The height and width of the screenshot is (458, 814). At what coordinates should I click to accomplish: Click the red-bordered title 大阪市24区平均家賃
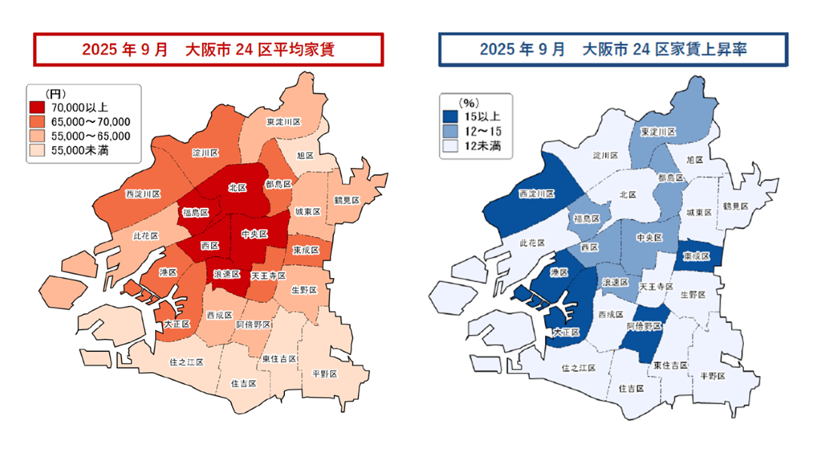tap(208, 50)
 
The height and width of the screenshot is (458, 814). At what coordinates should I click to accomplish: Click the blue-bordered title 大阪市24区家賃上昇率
tap(614, 50)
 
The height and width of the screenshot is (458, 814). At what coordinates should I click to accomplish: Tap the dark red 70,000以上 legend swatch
tap(37, 108)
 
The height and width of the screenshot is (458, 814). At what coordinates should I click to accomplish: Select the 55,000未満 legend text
tap(81, 150)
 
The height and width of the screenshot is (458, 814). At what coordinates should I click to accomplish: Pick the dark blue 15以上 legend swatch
tap(449, 117)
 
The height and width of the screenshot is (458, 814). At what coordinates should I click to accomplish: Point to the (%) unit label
tap(469, 103)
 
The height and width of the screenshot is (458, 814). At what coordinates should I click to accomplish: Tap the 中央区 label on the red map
tap(254, 234)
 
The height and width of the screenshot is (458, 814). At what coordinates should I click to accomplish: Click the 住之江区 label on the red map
tap(187, 362)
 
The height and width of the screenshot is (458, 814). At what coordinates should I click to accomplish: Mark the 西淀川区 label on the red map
tap(142, 194)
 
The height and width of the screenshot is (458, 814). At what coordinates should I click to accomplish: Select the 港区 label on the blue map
tap(558, 272)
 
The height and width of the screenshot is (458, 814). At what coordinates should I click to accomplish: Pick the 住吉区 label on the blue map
tap(630, 389)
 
